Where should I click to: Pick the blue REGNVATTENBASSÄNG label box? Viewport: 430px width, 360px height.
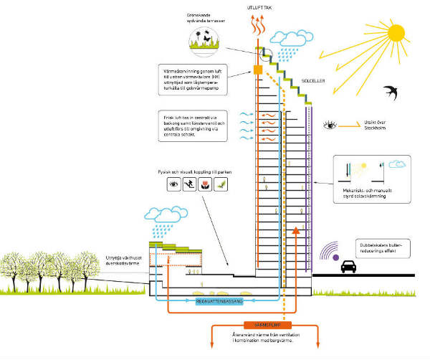coord(220,302)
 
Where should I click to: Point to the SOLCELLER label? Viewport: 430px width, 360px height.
coord(314,81)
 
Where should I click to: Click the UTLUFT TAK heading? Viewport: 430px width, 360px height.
coord(259,6)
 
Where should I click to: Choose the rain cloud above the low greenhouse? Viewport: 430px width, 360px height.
coord(164,215)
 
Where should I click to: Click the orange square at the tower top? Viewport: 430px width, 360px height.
coord(256,70)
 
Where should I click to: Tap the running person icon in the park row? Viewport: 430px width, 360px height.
coord(191,185)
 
